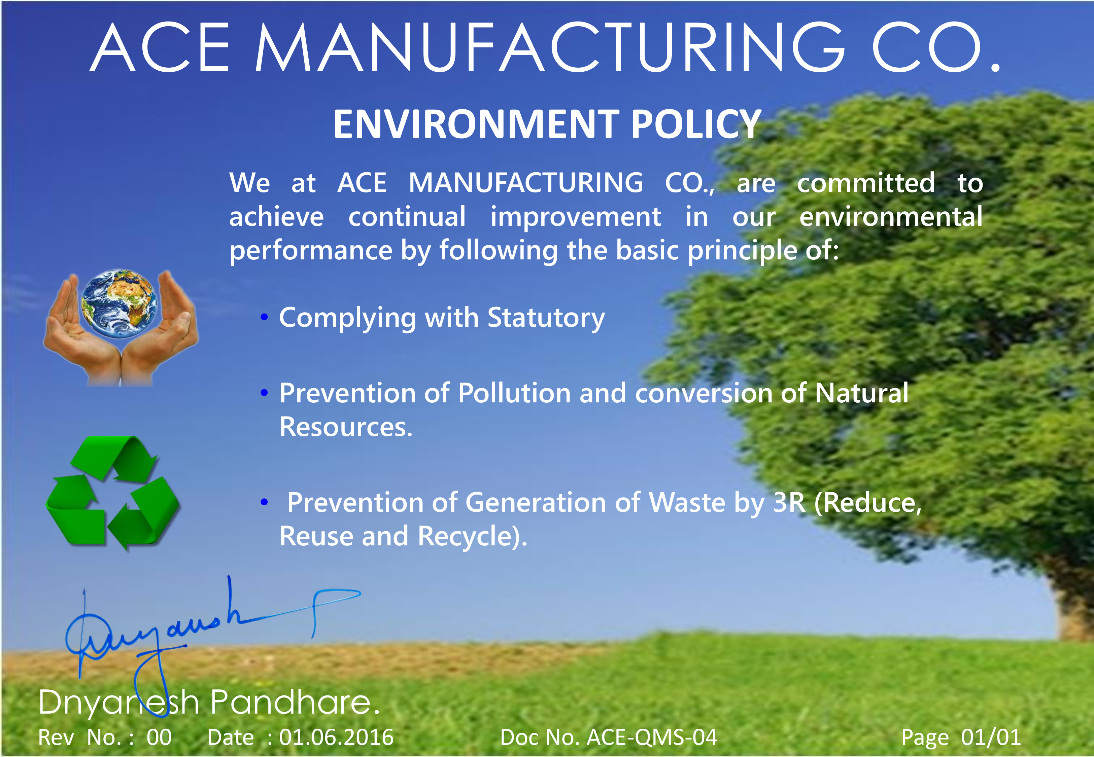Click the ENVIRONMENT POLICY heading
[x=547, y=124]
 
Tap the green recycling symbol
[x=112, y=493]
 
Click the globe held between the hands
[x=119, y=304]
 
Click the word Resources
[x=346, y=427]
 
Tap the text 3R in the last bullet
[x=789, y=503]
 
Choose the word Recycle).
[x=473, y=536]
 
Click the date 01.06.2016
[x=336, y=737]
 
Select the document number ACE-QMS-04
[x=652, y=737]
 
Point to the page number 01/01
[x=991, y=737]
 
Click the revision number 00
[x=159, y=737]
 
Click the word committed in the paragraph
[x=866, y=183]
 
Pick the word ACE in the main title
[x=160, y=48]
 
